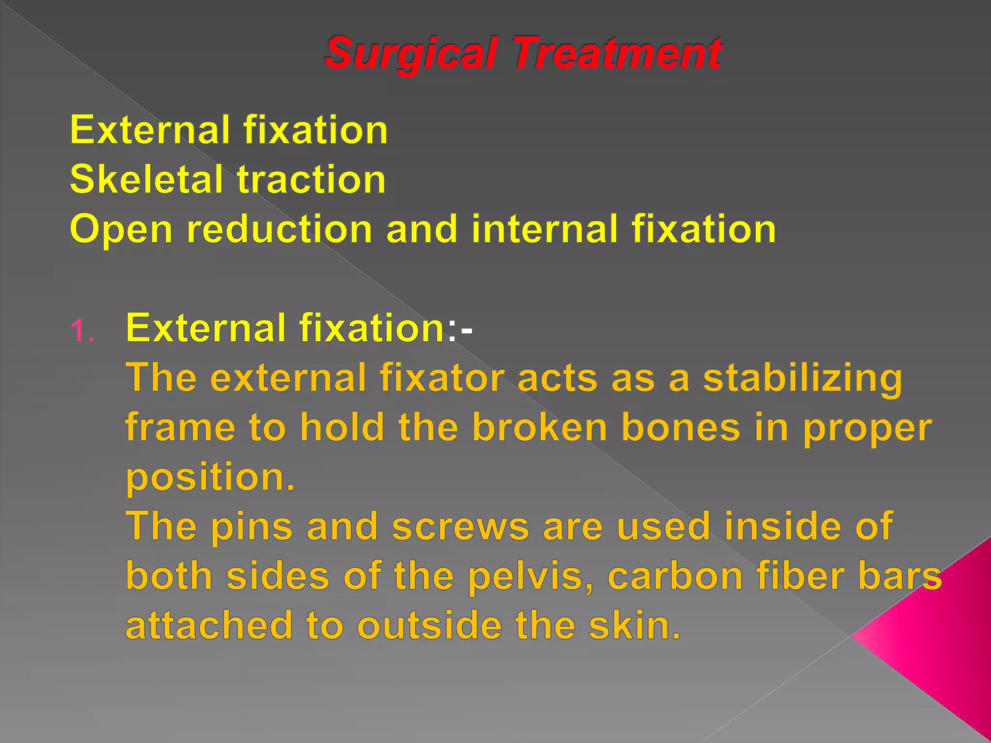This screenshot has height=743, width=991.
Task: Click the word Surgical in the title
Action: click(x=411, y=53)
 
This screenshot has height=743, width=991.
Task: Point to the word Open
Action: click(x=121, y=230)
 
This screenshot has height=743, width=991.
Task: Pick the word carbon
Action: click(x=675, y=577)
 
